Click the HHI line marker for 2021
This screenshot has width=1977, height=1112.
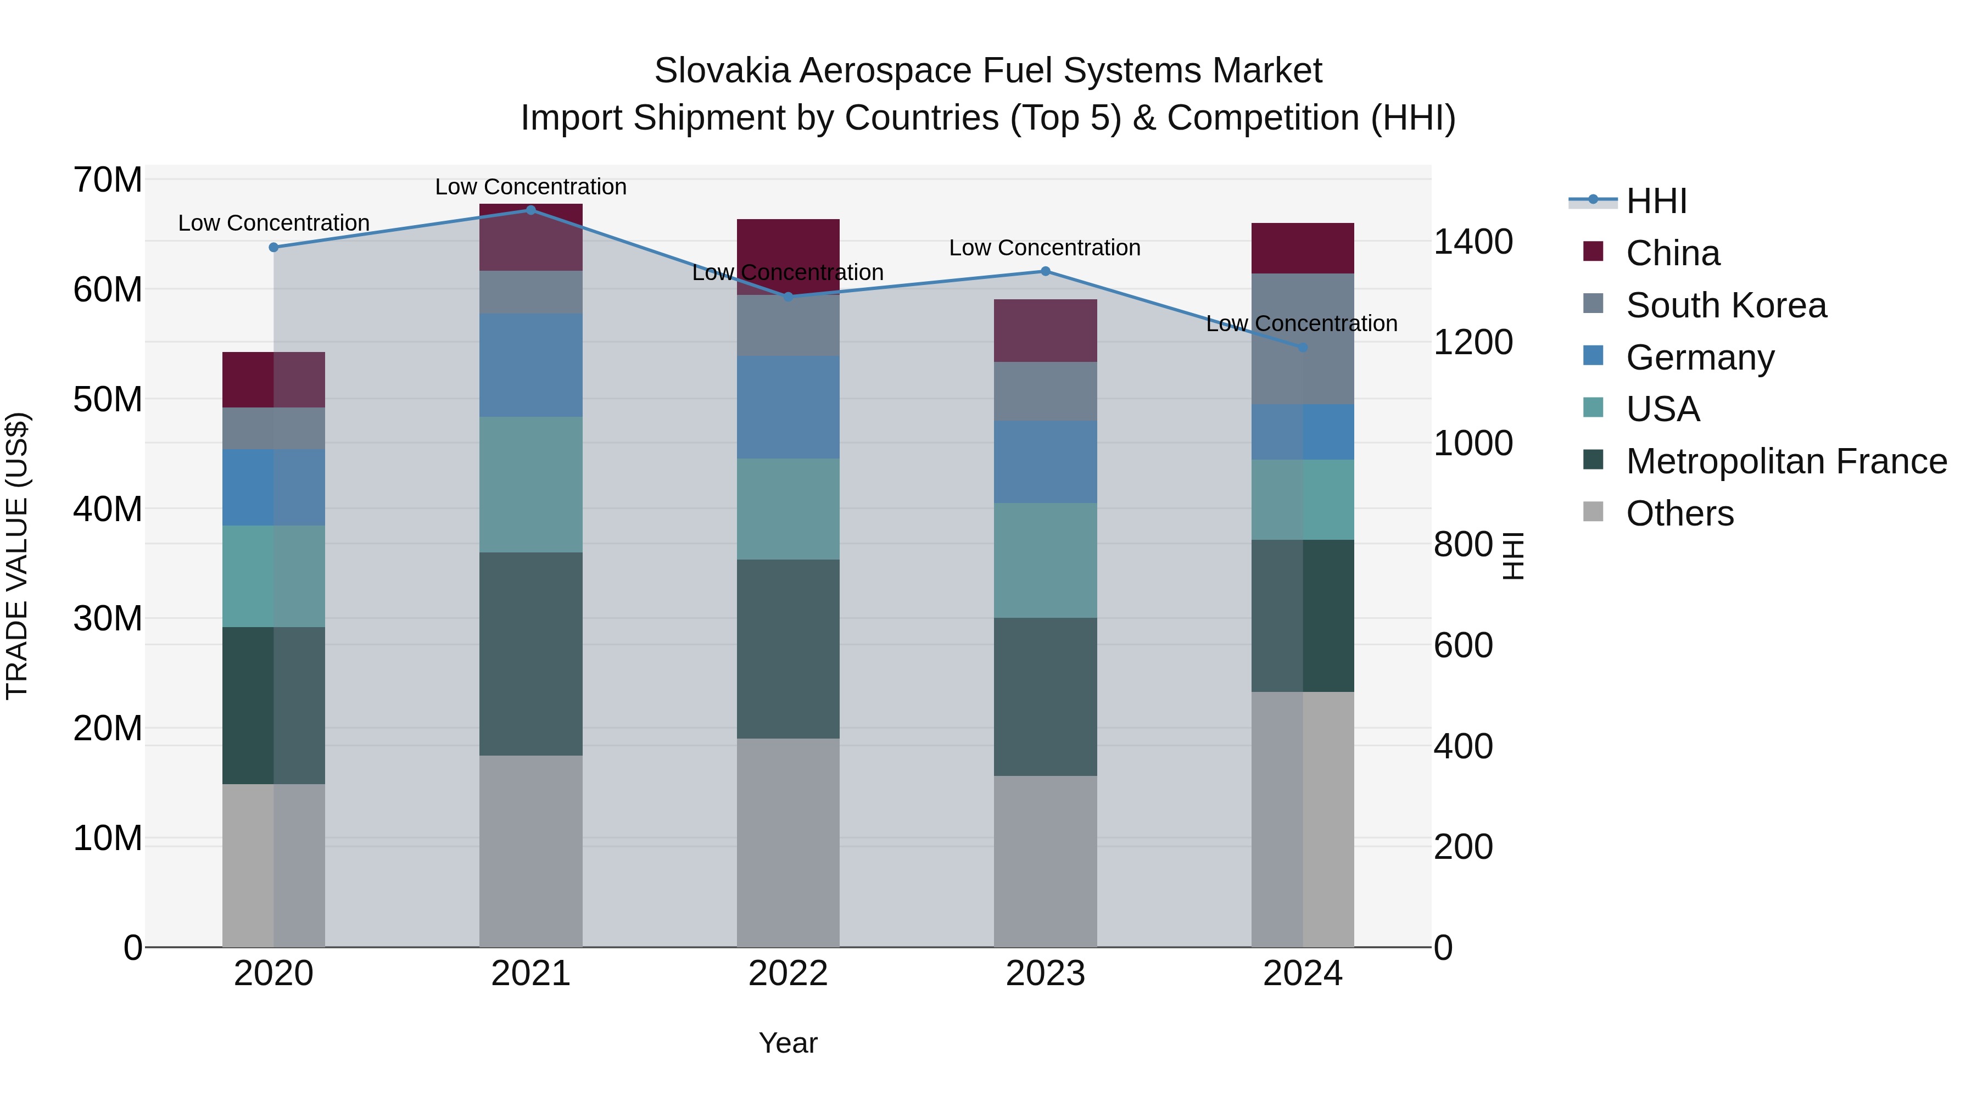[530, 210]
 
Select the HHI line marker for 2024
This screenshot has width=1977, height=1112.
[1303, 348]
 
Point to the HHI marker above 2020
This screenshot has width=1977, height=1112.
[273, 247]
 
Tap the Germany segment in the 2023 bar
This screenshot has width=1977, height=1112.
[1045, 462]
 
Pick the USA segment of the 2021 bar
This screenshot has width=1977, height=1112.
[530, 484]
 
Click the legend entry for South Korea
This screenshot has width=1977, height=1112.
[1725, 305]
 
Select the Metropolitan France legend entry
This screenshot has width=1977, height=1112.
[1785, 461]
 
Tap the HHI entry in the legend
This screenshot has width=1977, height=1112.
[1655, 201]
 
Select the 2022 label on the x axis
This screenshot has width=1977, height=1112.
[788, 974]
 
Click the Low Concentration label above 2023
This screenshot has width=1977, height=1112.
[1045, 248]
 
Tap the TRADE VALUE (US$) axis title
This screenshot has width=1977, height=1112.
[18, 556]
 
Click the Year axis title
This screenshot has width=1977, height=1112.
[788, 1043]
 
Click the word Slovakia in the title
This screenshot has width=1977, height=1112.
[722, 71]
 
